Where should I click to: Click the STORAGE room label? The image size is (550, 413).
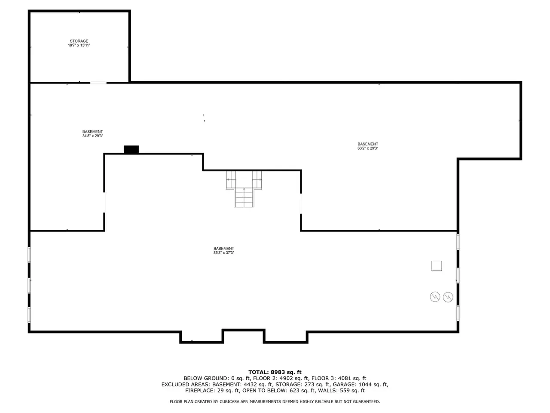tap(79, 41)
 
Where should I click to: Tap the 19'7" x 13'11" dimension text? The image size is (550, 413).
tap(79, 45)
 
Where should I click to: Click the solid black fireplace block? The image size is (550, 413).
tap(131, 149)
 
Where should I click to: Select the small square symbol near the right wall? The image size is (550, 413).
tap(437, 266)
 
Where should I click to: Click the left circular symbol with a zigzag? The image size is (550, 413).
tap(435, 297)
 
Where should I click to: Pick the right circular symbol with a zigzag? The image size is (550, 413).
tap(448, 297)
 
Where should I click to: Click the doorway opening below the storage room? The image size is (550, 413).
tap(98, 83)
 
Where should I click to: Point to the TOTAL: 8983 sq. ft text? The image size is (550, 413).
tap(275, 372)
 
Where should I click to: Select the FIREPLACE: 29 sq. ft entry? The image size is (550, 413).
tap(212, 391)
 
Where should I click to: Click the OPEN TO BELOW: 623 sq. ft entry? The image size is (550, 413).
tap(278, 391)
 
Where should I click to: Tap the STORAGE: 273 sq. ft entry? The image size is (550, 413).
tap(302, 385)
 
